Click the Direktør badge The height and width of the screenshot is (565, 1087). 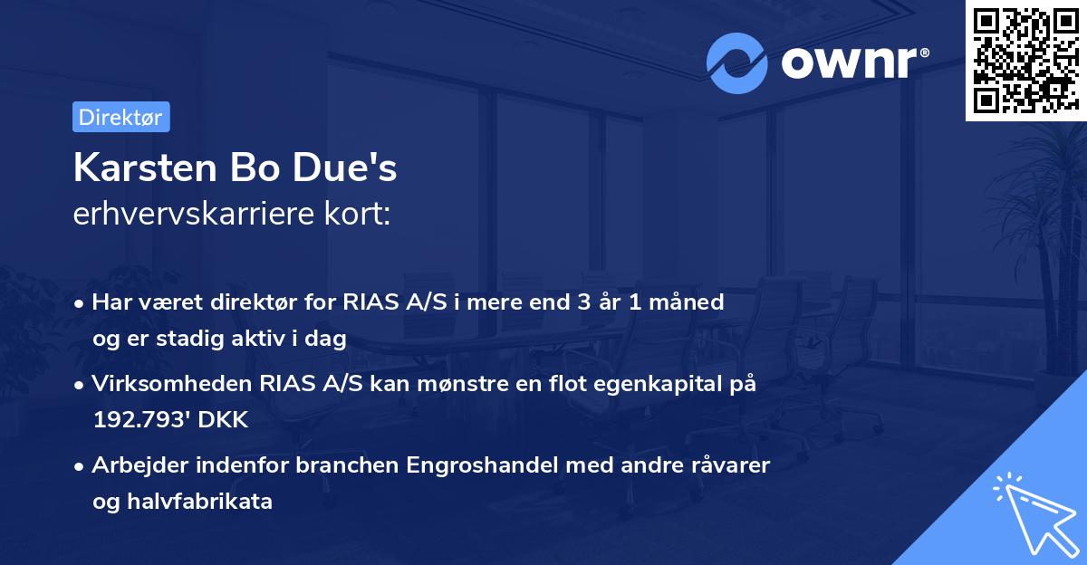tap(121, 117)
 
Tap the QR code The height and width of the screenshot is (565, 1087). tap(1024, 60)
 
